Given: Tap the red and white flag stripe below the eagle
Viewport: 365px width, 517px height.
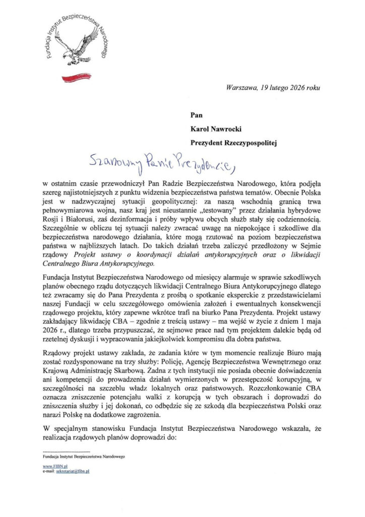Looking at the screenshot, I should pyautogui.click(x=75, y=76).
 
